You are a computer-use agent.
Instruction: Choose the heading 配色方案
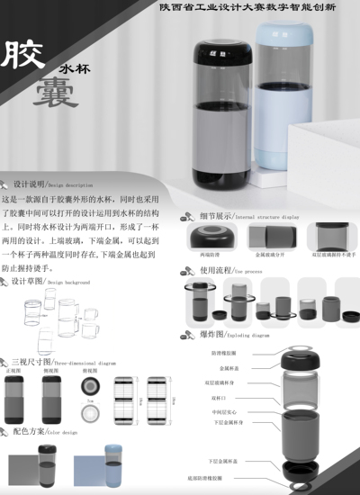click(x=32, y=432)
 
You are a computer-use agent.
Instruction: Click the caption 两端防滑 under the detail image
click(x=210, y=256)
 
